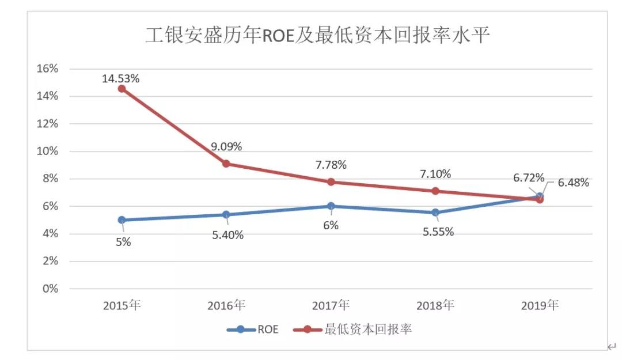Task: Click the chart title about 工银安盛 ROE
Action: point(317,36)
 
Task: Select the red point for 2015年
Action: point(122,89)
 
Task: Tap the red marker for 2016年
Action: point(226,164)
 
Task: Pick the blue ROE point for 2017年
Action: point(331,206)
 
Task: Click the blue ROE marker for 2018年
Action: point(435,213)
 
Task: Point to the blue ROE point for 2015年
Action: point(122,220)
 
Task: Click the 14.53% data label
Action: point(120,78)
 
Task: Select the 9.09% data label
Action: point(226,146)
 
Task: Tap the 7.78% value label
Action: point(331,165)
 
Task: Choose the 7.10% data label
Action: point(435,174)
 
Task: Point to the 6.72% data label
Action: point(529,177)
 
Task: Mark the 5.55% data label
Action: point(438,232)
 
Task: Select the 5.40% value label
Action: point(228,234)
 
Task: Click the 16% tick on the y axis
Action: point(48,69)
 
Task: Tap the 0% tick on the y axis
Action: point(51,289)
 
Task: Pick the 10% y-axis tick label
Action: point(48,151)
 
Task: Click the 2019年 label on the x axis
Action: point(540,305)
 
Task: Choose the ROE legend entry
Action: point(253,330)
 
